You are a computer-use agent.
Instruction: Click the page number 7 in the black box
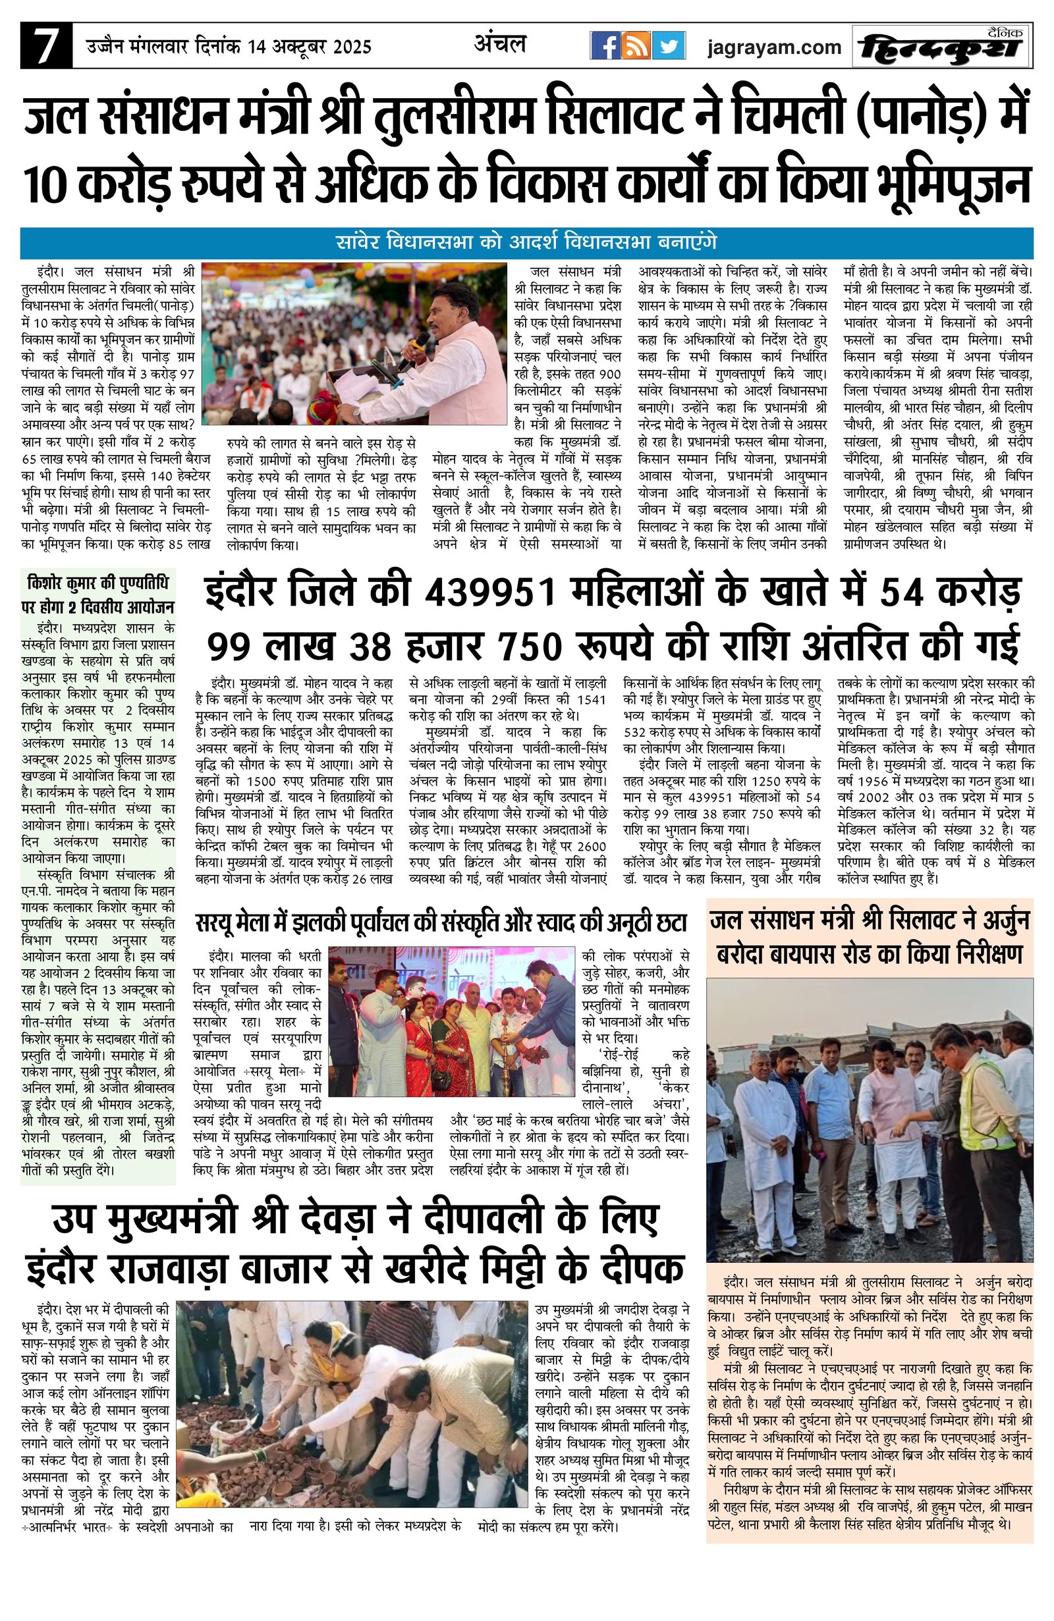45,46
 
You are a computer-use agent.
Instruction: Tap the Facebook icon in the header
604,46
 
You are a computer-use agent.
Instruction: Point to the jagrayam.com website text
774,47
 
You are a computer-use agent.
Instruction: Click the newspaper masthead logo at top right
941,46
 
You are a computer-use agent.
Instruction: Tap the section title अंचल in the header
500,44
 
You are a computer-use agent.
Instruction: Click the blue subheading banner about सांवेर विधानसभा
526,242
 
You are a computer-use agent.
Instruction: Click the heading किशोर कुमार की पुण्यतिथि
97,584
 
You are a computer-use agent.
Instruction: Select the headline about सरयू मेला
440,923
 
